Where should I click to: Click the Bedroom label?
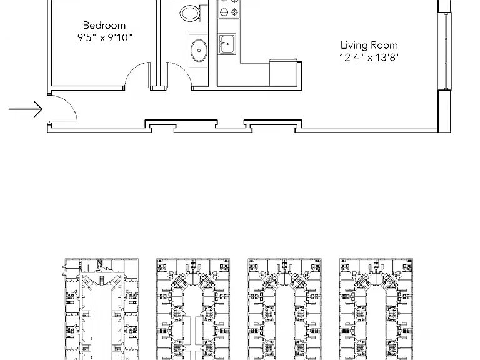pyautogui.click(x=104, y=25)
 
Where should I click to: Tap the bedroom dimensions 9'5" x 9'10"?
pyautogui.click(x=105, y=37)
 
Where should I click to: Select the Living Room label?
pyautogui.click(x=369, y=45)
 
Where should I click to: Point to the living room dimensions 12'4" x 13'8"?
pyautogui.click(x=369, y=57)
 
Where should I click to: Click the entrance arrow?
pyautogui.click(x=25, y=109)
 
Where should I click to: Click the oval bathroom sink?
pyautogui.click(x=199, y=51)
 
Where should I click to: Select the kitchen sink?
pyautogui.click(x=227, y=44)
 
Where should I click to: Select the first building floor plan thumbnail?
pyautogui.click(x=101, y=309)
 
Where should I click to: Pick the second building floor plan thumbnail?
pyautogui.click(x=193, y=309)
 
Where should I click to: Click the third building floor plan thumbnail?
pyautogui.click(x=284, y=309)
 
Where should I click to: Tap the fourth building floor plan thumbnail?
pyautogui.click(x=376, y=309)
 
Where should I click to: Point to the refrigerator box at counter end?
pyautogui.click(x=284, y=73)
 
